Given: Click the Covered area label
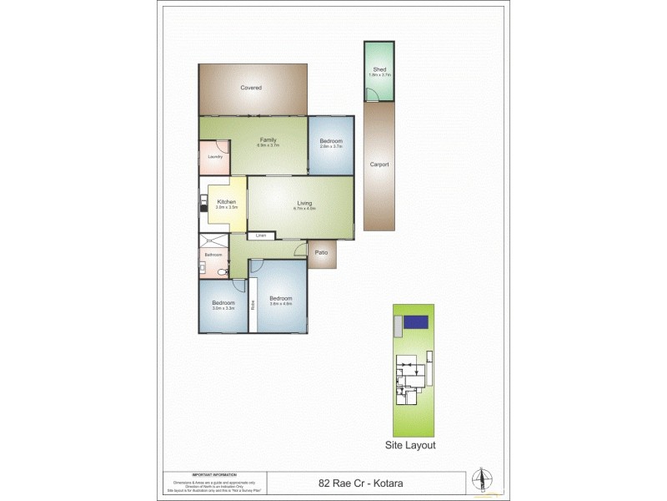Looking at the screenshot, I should pos(251,88).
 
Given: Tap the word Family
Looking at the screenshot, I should pos(268,139).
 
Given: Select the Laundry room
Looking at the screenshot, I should pos(213,157).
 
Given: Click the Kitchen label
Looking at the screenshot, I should pos(227,202).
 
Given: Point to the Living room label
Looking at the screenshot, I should pos(303,203).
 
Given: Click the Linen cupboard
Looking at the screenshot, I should pos(260,235).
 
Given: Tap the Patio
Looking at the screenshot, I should pos(321,251).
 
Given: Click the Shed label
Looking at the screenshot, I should pos(379,70).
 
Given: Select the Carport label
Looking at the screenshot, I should pos(379,164).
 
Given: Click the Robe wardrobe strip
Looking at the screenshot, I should pos(251,304).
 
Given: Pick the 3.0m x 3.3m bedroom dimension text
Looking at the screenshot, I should pos(223,308).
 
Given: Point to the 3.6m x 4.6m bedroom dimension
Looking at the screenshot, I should pos(279,304).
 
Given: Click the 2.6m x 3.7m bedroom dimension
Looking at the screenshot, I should pos(331,147).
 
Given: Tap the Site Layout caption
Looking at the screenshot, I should pos(409,445).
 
